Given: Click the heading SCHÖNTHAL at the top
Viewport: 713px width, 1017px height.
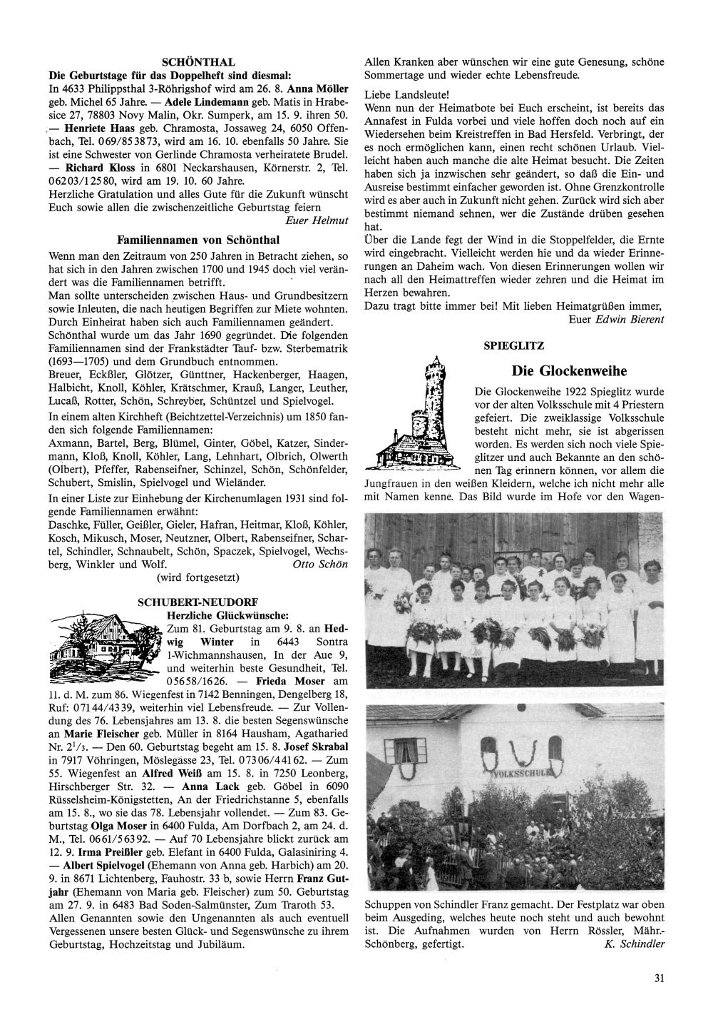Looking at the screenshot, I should click(x=198, y=63).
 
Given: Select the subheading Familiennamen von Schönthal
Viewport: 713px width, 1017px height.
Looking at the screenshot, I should click(x=198, y=241).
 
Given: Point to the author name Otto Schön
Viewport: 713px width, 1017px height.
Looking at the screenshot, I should click(x=320, y=564).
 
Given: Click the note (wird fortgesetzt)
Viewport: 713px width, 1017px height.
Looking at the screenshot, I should click(x=198, y=577).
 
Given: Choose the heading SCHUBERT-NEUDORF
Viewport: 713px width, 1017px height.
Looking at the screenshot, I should click(x=198, y=602).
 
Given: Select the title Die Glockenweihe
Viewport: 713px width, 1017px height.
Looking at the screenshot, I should click(x=569, y=371).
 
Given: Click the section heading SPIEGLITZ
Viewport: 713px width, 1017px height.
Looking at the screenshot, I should click(x=514, y=345).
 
